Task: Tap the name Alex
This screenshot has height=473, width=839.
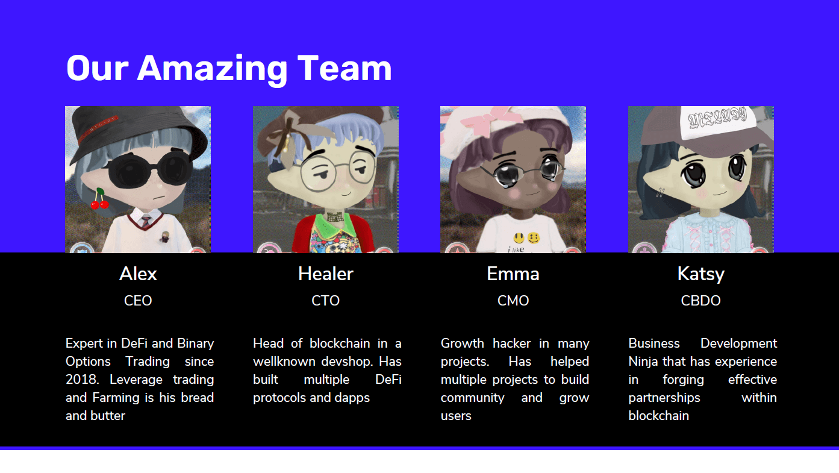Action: coord(138,274)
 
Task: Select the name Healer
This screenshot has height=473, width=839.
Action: coord(325,274)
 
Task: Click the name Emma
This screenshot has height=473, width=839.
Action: coord(513,274)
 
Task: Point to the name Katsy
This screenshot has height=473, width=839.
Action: coord(701,275)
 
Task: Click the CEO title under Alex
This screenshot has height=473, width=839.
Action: coord(138,301)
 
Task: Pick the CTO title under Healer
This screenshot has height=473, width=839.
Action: coord(325,301)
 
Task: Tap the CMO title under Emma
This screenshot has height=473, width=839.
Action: coord(513,301)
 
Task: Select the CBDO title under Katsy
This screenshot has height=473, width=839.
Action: coord(701,301)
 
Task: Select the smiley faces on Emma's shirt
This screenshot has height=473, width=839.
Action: coord(526,237)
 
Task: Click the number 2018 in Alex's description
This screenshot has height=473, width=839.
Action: coord(82,380)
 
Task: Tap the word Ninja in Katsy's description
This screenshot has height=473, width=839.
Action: coord(643,362)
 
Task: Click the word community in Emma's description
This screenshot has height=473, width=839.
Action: coord(472,398)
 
